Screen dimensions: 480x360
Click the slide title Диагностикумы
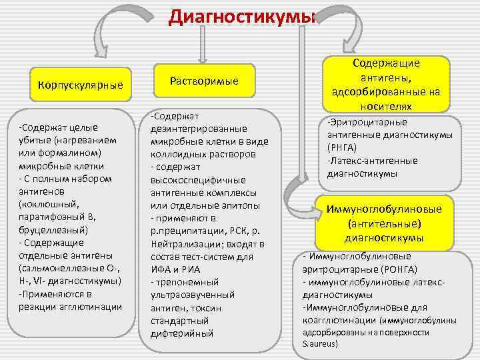[240, 16]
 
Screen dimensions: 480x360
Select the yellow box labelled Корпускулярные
[81, 85]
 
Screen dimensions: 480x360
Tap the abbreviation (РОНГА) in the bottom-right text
[398, 269]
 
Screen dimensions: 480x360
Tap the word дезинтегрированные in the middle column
[198, 128]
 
